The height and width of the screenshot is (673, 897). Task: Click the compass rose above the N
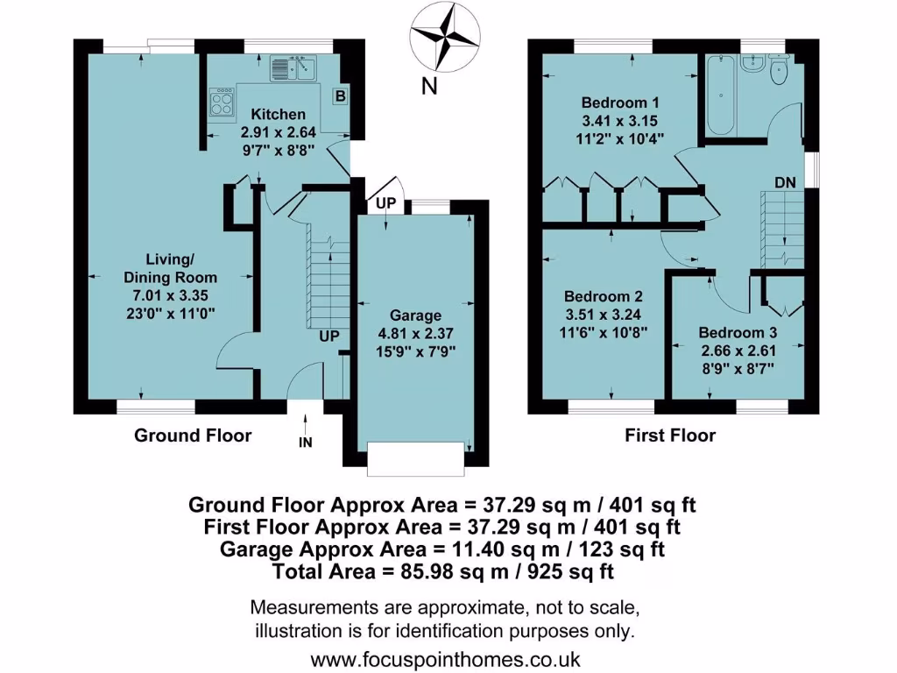pyautogui.click(x=448, y=37)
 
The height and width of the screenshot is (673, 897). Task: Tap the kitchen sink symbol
pyautogui.click(x=293, y=67)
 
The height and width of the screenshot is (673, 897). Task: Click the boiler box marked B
pyautogui.click(x=339, y=96)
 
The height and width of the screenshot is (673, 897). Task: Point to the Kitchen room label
pyautogui.click(x=279, y=115)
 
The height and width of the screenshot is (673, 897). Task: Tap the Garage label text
pyautogui.click(x=415, y=315)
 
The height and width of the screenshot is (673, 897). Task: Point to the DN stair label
pyautogui.click(x=785, y=182)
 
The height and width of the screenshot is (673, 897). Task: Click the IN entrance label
pyautogui.click(x=305, y=443)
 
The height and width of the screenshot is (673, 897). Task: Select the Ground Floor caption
pyautogui.click(x=192, y=436)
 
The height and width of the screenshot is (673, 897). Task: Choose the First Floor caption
pyautogui.click(x=670, y=436)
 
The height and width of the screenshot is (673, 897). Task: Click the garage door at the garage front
pyautogui.click(x=415, y=459)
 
